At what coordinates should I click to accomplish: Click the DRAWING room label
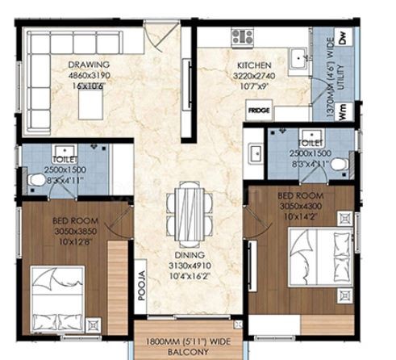pos(89,65)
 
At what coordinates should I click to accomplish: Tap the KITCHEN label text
pos(254,65)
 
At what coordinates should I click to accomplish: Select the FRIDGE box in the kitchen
pos(259,111)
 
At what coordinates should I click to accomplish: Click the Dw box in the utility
pos(343,37)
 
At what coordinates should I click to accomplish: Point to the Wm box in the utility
pos(343,111)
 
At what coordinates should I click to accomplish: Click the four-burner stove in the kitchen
pos(243,37)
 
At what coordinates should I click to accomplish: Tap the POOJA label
pos(141,286)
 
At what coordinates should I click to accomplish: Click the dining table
pos(190,215)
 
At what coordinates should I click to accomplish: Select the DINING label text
pos(190,255)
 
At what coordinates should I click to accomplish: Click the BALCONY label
pos(188,352)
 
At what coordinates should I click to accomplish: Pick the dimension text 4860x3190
pos(89,75)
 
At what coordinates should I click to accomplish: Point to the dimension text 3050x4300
pos(301,206)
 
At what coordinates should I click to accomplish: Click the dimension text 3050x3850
pos(76,231)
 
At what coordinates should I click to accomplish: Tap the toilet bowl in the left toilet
pos(36,180)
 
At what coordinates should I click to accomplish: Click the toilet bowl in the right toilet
pos(340,164)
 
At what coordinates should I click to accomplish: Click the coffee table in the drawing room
pos(90,104)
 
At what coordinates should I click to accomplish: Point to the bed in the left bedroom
pos(57,300)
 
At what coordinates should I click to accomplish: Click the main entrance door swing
pos(161,37)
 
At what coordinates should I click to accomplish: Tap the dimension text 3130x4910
pos(190,266)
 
